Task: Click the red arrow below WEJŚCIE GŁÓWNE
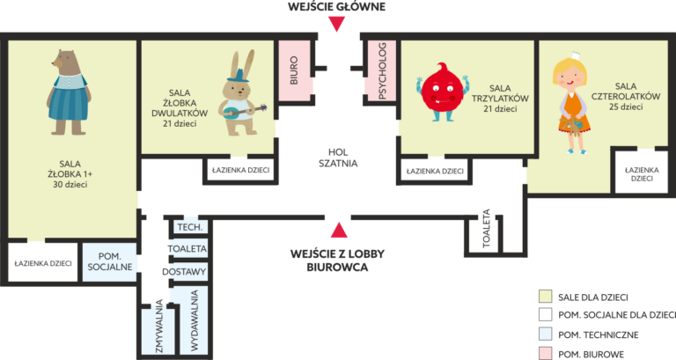(336, 24)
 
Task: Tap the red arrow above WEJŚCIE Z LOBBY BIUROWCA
(336, 231)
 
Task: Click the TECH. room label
(190, 228)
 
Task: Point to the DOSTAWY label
(185, 272)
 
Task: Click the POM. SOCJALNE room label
(110, 262)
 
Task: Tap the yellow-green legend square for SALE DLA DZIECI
(545, 298)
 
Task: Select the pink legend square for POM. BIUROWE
(545, 353)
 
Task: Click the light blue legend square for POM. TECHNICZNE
(545, 334)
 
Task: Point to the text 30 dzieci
(70, 184)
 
